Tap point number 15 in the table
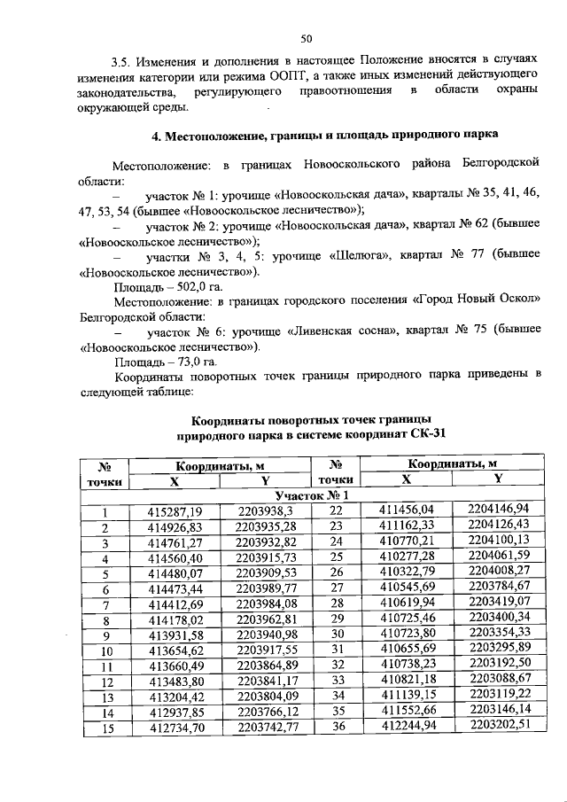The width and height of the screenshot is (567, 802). [104, 729]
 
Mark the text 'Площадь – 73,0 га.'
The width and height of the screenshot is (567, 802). [165, 362]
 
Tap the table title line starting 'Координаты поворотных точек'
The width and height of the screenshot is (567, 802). [312, 418]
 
